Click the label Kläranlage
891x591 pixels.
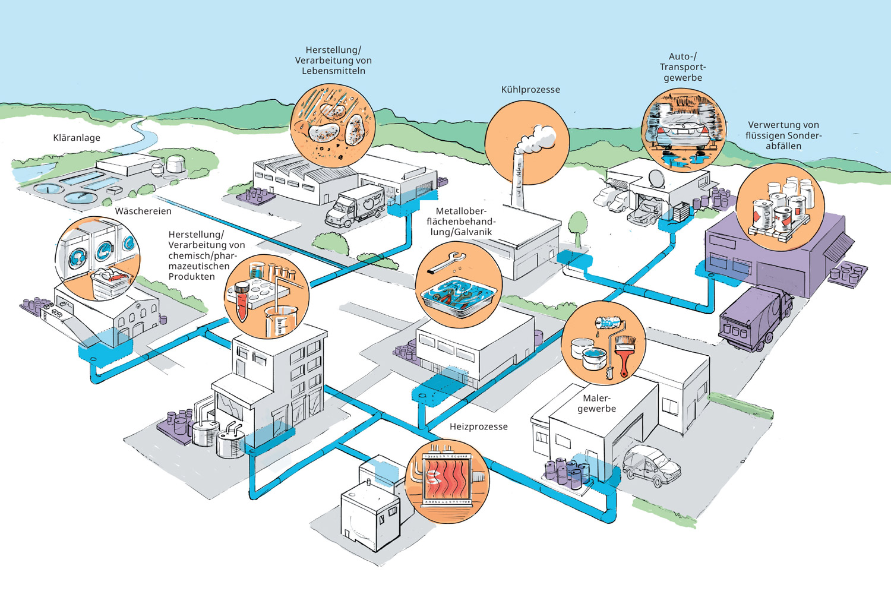point(77,138)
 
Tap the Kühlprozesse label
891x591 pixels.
point(530,90)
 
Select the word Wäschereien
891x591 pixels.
point(143,211)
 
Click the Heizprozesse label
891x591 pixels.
point(478,426)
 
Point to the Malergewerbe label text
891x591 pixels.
point(596,403)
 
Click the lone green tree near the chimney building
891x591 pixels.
point(577,226)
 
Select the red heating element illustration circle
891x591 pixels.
point(447,481)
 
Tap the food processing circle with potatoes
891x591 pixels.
point(333,125)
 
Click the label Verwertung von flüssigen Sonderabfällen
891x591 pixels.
point(783,135)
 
